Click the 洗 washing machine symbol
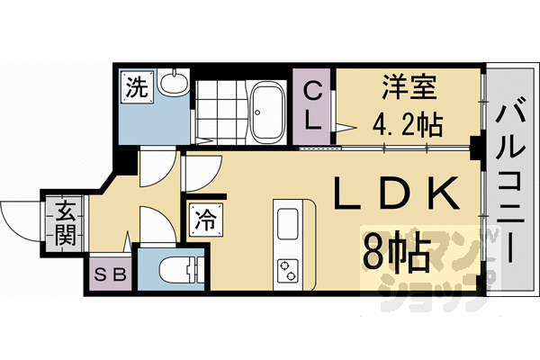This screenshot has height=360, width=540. tap(136, 87)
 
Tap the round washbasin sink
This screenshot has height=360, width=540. tap(172, 85)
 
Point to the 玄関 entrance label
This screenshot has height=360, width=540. tap(66, 225)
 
